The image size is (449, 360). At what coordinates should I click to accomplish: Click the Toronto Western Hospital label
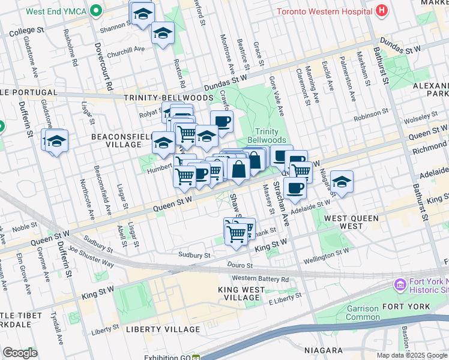coord(325,11)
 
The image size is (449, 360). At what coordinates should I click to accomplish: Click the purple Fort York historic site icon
coord(400,284)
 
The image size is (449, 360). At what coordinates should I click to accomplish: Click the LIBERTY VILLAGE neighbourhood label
coord(162,329)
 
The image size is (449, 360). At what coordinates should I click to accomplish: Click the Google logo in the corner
coord(20,353)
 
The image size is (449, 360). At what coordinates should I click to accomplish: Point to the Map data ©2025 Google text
coord(411,355)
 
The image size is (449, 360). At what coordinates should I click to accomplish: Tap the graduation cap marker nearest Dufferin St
coord(55,142)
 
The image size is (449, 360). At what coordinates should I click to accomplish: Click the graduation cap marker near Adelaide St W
coord(341,182)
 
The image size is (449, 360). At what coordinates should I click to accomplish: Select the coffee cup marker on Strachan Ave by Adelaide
coord(294,188)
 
